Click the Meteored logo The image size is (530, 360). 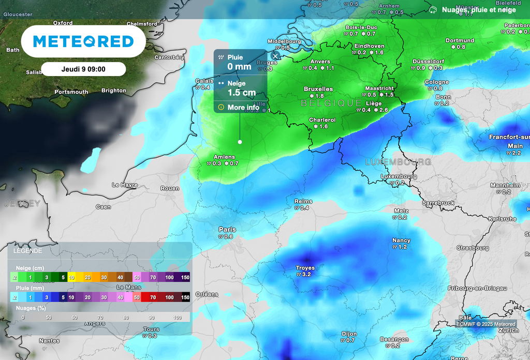point(83,41)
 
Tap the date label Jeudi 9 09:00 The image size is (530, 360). point(83,69)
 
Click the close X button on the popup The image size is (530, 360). point(275,56)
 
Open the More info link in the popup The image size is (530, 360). point(239,107)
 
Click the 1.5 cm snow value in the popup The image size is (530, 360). point(242,93)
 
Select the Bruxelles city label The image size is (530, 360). point(318,89)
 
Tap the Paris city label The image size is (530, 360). point(227,230)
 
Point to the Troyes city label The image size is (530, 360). point(305,268)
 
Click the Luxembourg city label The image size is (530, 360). point(399,176)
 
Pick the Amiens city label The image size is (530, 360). point(224,157)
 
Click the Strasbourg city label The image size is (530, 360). point(473,248)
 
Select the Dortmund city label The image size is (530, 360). point(460,40)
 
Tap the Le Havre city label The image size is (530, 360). point(125,185)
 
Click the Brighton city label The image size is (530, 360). point(114,91)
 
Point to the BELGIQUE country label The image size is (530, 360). point(331,103)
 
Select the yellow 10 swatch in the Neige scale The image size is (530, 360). point(71,277)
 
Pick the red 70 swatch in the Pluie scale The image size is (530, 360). point(153,297)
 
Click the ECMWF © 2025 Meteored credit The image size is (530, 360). point(485,324)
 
